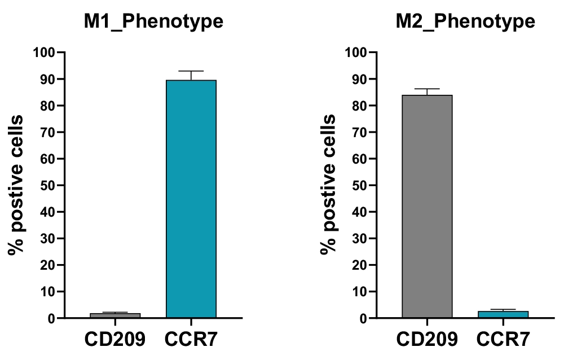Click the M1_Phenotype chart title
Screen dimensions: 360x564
153,21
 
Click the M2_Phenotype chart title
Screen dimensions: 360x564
465,21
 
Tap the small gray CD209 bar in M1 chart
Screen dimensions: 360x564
115,315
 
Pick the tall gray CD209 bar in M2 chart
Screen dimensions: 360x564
427,207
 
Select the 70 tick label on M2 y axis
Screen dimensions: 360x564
360,133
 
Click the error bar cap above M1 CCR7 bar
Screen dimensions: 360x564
191,71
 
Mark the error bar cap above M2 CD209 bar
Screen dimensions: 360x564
427,89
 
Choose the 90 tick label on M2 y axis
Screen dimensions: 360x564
360,80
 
